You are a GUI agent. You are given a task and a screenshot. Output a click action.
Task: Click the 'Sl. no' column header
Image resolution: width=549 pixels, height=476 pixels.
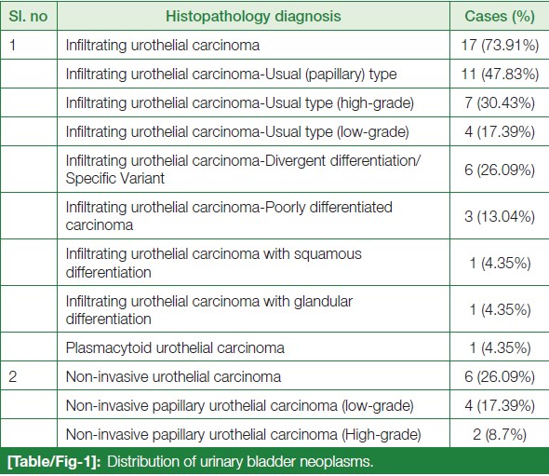point(28,16)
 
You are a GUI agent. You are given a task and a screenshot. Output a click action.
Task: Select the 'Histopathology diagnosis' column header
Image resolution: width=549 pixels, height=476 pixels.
point(253,16)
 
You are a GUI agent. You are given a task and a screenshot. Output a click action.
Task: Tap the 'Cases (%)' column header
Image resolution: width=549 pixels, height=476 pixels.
point(500,16)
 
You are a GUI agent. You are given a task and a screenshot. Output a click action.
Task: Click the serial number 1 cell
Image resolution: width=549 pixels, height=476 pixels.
point(13,46)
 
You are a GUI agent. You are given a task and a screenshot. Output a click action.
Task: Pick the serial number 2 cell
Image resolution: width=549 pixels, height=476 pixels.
point(13,376)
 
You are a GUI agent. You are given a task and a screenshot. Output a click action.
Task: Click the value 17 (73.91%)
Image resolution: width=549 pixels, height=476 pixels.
point(500,46)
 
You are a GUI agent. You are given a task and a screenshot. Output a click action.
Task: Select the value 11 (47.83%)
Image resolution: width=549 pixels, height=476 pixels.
point(500,74)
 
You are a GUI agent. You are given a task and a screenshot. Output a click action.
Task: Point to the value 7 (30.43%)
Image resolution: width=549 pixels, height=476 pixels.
point(500,103)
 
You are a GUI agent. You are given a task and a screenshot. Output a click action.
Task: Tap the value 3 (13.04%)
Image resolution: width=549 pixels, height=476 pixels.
point(500,216)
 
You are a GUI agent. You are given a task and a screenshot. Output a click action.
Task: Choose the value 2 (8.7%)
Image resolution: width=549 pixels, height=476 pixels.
point(500,434)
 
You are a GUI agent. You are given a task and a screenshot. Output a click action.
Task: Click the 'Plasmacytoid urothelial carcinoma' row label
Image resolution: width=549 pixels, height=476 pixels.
point(175,348)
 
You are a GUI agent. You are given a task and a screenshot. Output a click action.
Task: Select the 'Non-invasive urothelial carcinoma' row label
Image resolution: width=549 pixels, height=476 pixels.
point(173,377)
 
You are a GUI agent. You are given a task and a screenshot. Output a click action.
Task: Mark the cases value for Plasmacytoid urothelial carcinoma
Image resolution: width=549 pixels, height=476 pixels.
point(500,348)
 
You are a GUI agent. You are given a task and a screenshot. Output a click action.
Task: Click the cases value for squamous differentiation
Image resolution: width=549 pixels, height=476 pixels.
point(500,263)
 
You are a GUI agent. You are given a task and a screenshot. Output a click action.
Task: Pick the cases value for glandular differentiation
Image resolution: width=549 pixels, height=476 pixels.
point(500,309)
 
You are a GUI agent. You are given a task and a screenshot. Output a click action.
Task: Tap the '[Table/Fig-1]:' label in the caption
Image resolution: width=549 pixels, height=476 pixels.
point(54,462)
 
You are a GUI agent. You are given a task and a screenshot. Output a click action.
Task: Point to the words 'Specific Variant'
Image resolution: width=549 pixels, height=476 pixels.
point(115,179)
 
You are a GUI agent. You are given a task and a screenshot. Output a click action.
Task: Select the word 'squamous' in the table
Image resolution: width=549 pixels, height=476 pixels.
point(328,254)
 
